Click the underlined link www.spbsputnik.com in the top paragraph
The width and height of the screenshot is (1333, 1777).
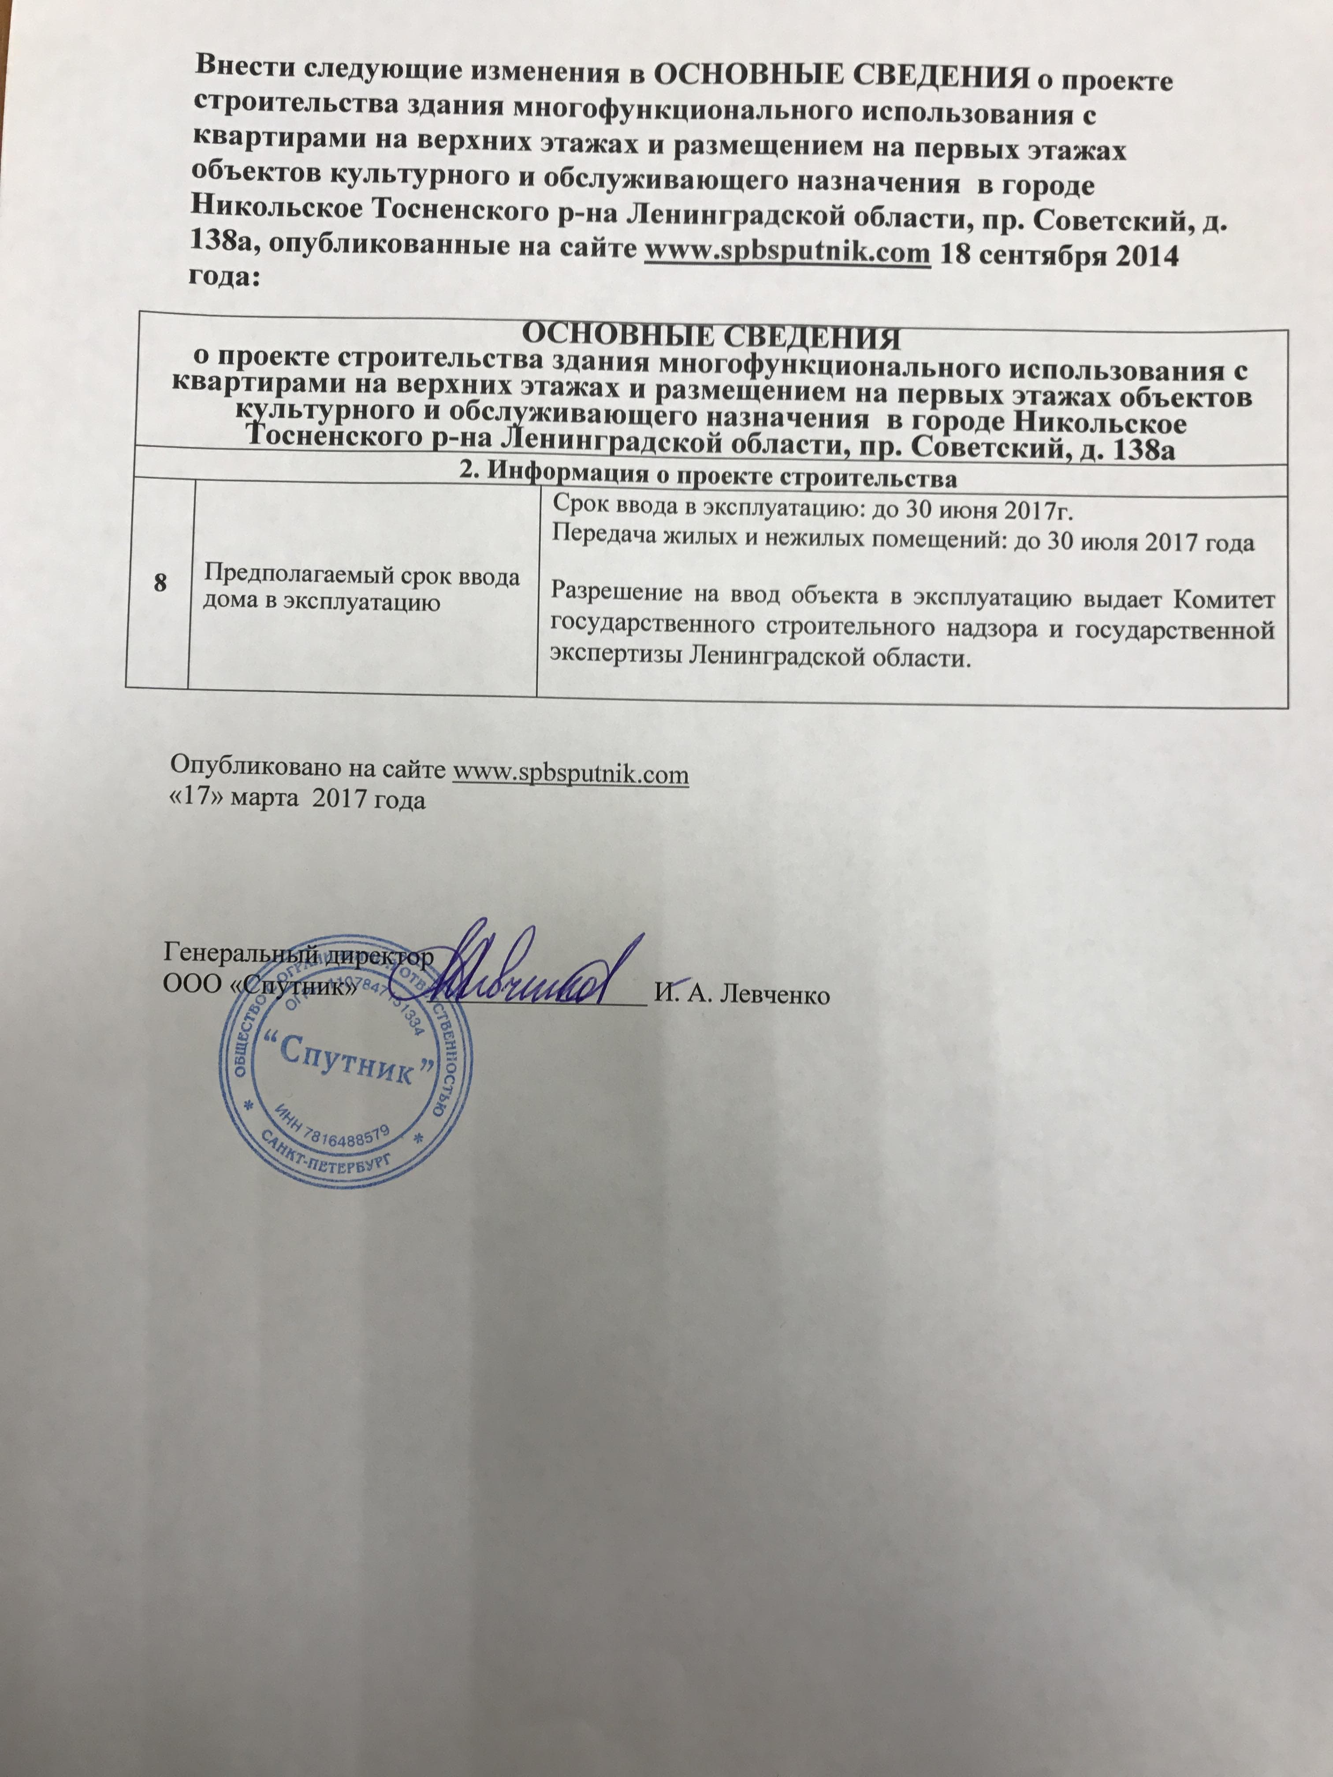[787, 252]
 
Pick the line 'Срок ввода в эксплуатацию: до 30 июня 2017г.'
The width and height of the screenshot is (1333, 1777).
[812, 511]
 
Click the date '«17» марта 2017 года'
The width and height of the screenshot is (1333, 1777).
[297, 800]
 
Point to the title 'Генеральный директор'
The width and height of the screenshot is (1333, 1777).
[297, 956]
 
